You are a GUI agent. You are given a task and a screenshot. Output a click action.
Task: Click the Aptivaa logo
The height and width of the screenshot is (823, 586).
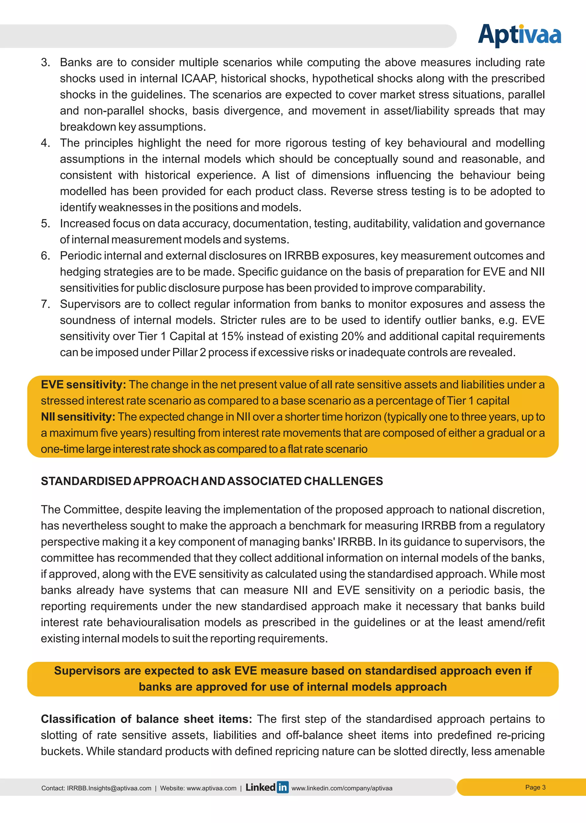(x=519, y=35)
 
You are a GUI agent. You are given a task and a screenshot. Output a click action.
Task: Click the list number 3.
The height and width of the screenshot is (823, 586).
(x=45, y=62)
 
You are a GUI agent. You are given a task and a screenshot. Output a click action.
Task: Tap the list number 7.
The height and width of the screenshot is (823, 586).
(x=45, y=304)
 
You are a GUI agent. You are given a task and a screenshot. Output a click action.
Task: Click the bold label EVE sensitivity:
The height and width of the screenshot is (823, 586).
(x=83, y=385)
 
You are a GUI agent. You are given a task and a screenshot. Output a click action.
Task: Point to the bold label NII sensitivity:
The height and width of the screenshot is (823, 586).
(x=78, y=417)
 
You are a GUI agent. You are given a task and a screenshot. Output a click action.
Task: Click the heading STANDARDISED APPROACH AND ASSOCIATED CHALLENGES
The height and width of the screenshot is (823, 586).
(x=212, y=481)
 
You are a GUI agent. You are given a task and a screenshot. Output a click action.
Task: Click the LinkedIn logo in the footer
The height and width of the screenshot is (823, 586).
(x=267, y=787)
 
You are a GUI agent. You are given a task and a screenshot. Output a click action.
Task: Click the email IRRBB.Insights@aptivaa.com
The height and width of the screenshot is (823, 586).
(x=109, y=788)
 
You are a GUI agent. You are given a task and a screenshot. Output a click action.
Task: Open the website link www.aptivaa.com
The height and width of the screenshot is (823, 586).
(x=211, y=788)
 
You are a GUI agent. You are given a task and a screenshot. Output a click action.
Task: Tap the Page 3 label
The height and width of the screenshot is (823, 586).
(x=535, y=787)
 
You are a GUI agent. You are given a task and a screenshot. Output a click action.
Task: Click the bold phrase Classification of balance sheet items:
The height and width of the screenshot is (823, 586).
(x=146, y=719)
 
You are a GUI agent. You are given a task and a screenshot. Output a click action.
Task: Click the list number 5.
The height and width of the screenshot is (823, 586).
(x=45, y=224)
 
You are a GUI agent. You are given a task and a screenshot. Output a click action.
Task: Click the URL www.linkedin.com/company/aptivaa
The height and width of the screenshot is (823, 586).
(x=341, y=788)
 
